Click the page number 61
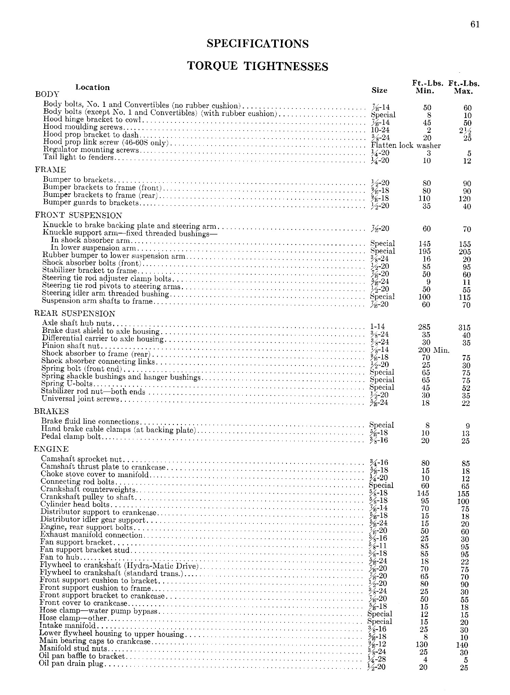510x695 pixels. click(x=475, y=24)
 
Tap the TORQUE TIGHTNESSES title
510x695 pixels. click(x=258, y=66)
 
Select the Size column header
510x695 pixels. click(x=379, y=90)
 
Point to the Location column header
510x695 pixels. click(x=93, y=87)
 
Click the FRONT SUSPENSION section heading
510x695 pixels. click(x=79, y=215)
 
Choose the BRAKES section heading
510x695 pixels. click(x=51, y=411)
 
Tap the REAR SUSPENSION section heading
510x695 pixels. click(x=75, y=313)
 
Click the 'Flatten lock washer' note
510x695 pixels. click(x=406, y=145)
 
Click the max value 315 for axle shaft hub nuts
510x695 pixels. click(x=464, y=328)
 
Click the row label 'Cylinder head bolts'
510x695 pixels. click(x=75, y=504)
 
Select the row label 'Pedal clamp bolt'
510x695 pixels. click(x=71, y=436)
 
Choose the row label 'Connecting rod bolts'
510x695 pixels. click(x=77, y=482)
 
